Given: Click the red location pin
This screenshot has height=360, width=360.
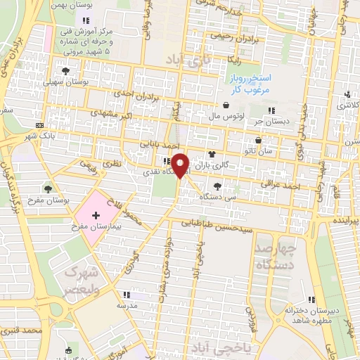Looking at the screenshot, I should (181, 165).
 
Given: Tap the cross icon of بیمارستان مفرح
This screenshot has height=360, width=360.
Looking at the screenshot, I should (96, 214).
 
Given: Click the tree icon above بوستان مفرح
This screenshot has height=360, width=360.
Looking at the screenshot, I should (48, 188).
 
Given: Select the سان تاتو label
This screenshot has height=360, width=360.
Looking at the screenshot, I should (275, 151).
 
